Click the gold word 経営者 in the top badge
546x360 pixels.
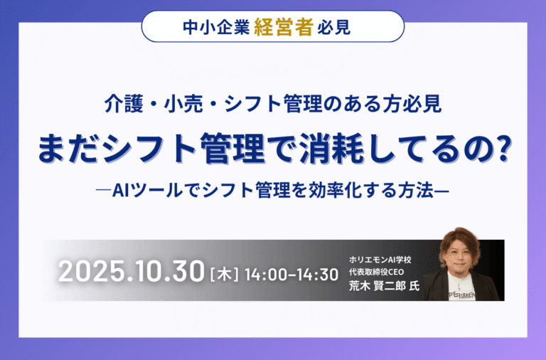(x=284, y=27)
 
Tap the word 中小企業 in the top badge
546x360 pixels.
(x=216, y=28)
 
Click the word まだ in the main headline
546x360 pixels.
(x=68, y=148)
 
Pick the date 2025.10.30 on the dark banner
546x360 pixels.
(x=131, y=272)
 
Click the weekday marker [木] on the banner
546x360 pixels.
(x=225, y=275)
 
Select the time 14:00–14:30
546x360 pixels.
(x=291, y=275)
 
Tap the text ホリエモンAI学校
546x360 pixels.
(x=380, y=260)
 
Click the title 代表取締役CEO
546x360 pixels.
(x=376, y=272)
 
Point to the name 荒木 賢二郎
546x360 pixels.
(x=377, y=286)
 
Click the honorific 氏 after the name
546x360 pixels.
(x=414, y=286)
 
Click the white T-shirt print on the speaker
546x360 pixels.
(x=461, y=295)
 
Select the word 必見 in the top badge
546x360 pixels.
(x=333, y=28)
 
